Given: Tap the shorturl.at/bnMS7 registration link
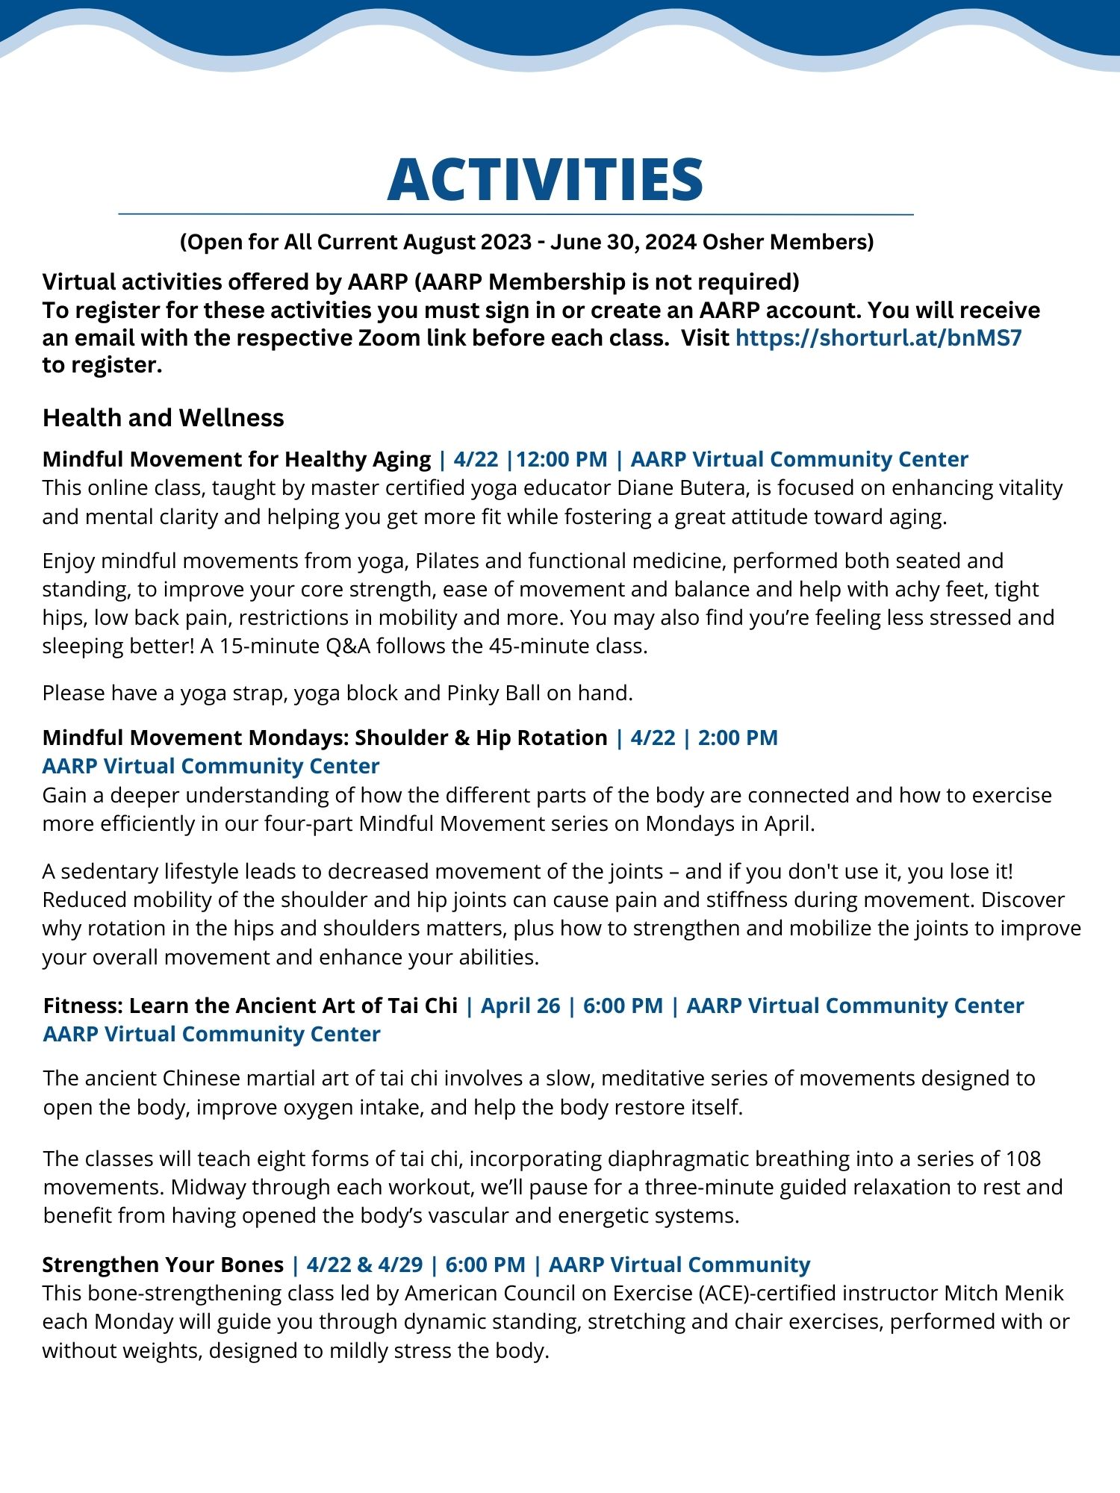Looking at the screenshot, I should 878,338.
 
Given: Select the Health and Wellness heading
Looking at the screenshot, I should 163,418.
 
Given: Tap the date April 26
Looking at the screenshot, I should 520,1006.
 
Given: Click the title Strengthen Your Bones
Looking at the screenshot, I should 163,1265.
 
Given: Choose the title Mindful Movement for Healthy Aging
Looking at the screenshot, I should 237,459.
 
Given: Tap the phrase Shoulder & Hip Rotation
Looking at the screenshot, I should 481,738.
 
